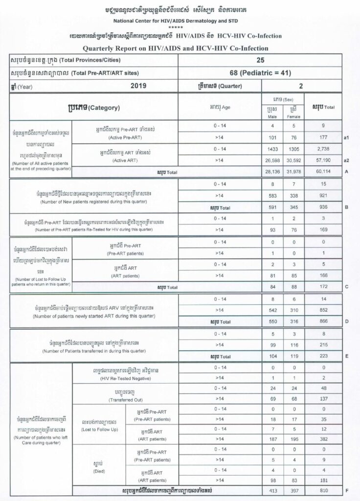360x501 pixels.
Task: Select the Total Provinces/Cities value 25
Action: click(x=260, y=60)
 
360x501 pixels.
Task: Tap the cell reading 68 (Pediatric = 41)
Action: click(x=260, y=72)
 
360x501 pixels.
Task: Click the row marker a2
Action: click(x=346, y=160)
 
